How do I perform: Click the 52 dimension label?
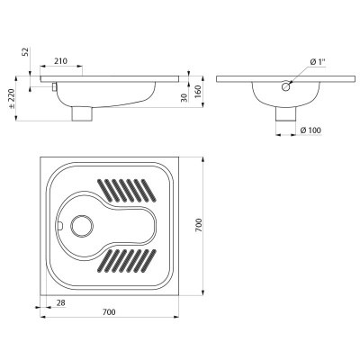26,51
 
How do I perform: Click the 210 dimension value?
61,61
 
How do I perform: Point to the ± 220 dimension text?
12,99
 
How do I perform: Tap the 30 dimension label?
184,97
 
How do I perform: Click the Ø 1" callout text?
318,61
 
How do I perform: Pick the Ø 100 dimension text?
310,130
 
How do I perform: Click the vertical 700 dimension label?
199,225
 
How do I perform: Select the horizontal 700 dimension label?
109,312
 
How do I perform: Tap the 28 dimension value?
60,303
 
